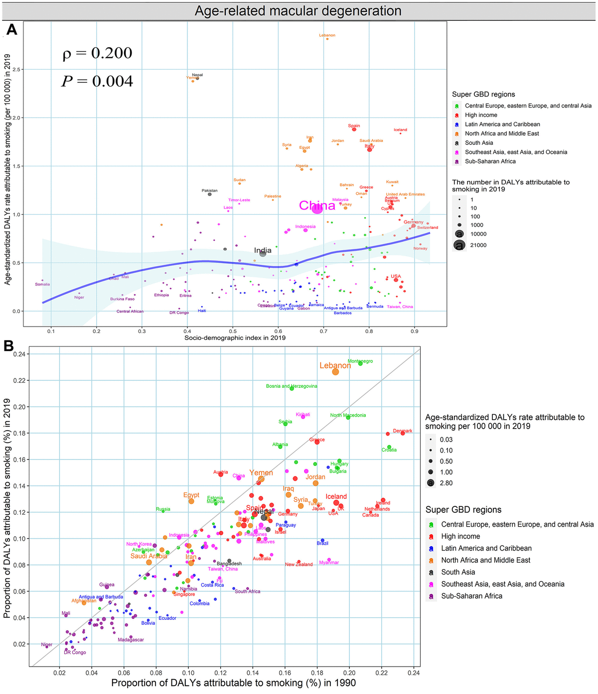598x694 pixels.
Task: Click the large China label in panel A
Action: pos(317,206)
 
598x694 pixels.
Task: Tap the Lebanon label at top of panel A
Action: pos(327,35)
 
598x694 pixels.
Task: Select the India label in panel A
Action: pos(263,250)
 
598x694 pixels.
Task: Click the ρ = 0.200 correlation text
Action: pos(97,53)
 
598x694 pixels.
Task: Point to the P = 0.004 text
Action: pos(97,81)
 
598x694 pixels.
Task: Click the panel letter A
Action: pos(11,30)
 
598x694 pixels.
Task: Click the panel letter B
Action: pos(9,346)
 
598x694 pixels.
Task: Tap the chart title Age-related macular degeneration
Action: pos(298,11)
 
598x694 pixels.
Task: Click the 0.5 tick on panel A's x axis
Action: pos(233,331)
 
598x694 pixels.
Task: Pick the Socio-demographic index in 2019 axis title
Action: pos(235,338)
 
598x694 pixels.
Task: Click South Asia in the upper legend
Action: pos(479,143)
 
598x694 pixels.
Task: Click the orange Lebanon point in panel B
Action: pos(335,371)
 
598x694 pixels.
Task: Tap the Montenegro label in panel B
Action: pos(360,361)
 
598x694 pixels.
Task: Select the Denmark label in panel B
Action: pos(403,431)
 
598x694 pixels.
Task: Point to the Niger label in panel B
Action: pos(46,645)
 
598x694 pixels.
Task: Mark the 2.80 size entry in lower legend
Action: pos(446,483)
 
